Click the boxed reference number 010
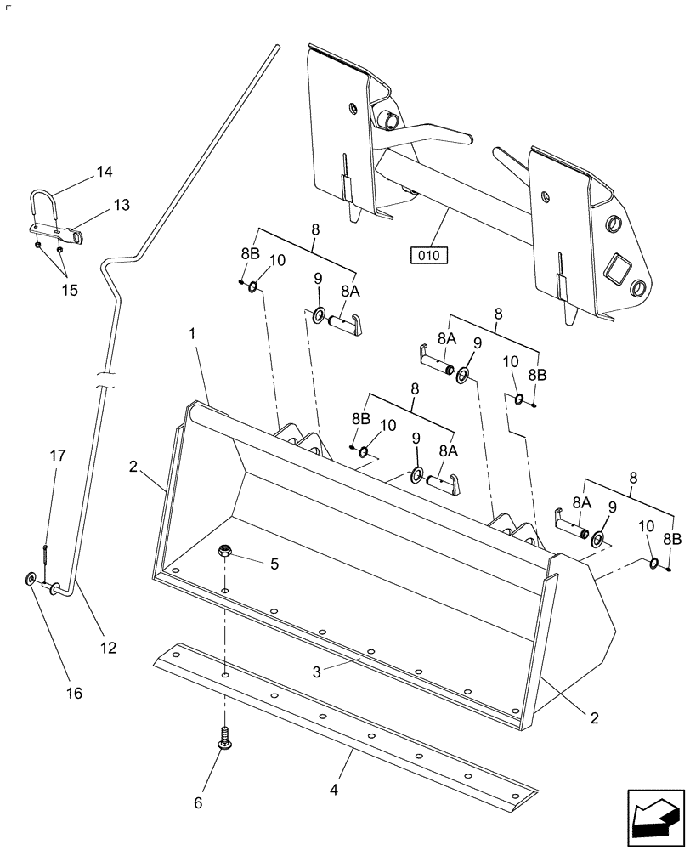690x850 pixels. click(429, 253)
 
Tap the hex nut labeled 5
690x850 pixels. click(225, 551)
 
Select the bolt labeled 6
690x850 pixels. click(225, 738)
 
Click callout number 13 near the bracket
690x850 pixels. click(122, 205)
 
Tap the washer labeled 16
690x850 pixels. click(31, 580)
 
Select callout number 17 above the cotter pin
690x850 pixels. click(57, 456)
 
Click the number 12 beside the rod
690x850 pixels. click(107, 648)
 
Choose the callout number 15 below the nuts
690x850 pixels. click(69, 290)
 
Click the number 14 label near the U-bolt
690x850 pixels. click(104, 172)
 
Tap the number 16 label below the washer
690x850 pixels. click(74, 693)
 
